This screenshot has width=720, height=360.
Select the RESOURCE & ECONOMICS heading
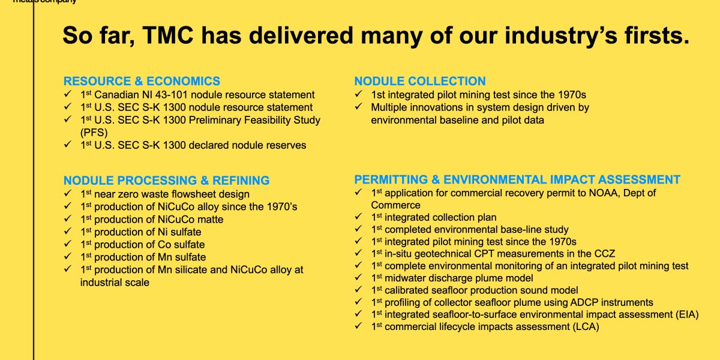point(142,81)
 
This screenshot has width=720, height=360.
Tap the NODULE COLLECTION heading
point(420,81)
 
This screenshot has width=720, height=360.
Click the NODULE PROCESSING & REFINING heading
point(167,181)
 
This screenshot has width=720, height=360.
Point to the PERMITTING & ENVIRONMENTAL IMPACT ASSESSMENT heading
point(517,179)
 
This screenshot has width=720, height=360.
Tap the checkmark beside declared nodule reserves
point(67,145)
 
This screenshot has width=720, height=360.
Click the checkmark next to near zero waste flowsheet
point(67,194)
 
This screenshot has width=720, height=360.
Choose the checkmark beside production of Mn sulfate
point(67,257)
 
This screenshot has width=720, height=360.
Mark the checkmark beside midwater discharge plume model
point(358,278)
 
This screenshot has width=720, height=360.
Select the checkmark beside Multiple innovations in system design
point(358,107)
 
